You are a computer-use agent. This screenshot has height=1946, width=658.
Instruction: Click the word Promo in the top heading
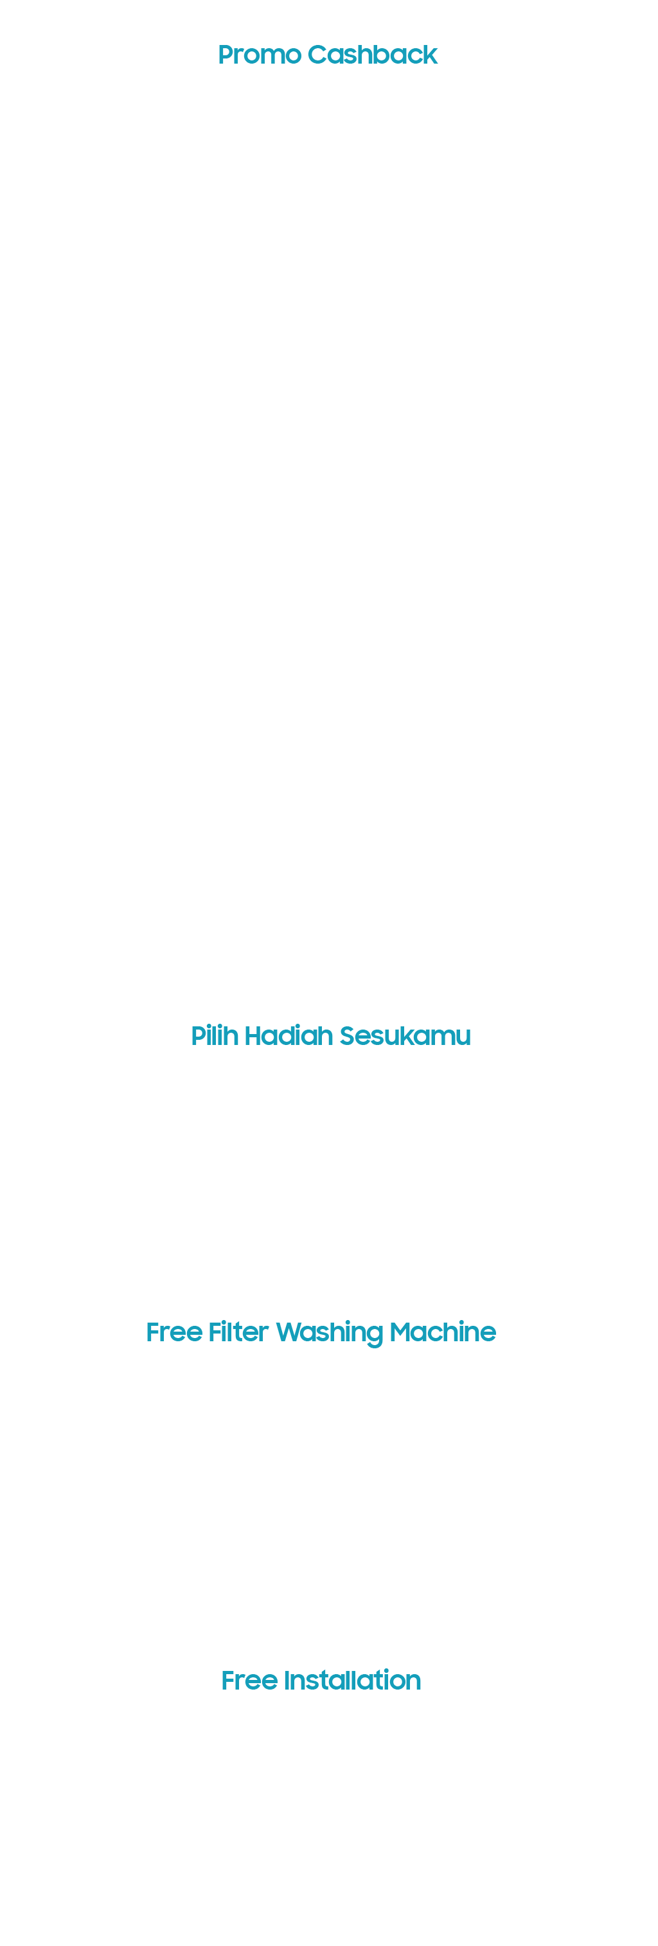point(259,55)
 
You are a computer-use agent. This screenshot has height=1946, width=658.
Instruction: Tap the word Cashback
point(373,55)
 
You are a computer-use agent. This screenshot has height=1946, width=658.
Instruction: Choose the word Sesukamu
point(405,1036)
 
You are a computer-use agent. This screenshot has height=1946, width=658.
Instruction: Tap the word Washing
point(330,1334)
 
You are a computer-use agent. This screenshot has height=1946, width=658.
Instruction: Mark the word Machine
point(443,1332)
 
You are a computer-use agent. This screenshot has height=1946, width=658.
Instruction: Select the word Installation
point(352,1680)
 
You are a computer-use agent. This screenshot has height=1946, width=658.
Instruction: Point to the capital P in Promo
point(227,55)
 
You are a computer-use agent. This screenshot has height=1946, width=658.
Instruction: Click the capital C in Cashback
point(318,55)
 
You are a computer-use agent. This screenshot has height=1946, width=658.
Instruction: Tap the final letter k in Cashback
point(430,55)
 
